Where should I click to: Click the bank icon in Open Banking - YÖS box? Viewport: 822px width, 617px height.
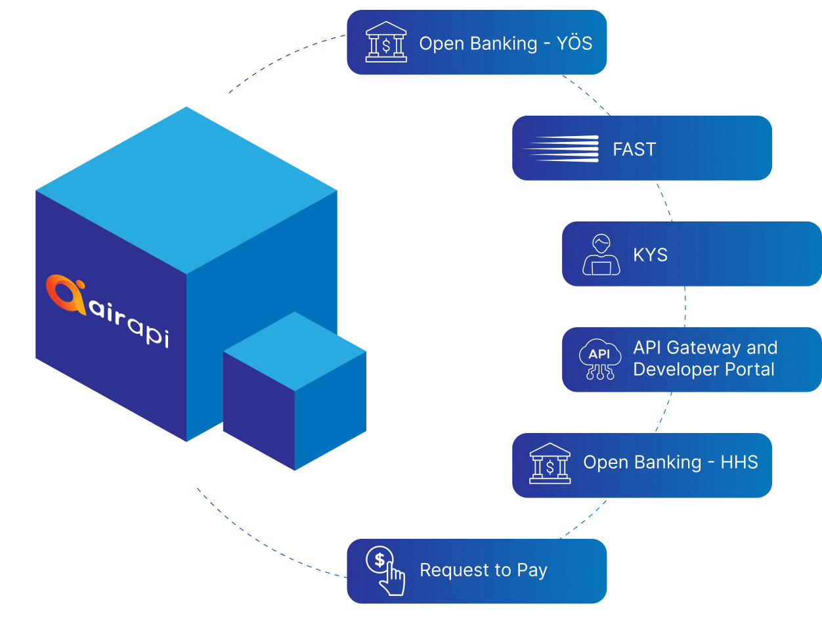pyautogui.click(x=386, y=43)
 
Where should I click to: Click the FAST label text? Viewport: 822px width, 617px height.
pyautogui.click(x=634, y=149)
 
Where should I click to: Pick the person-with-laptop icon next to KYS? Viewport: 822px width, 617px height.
pyautogui.click(x=601, y=255)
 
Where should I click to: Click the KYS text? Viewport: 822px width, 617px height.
pyautogui.click(x=650, y=255)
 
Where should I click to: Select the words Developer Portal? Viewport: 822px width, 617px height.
pyautogui.click(x=704, y=369)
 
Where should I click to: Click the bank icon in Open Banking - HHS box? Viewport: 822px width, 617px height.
pyautogui.click(x=550, y=464)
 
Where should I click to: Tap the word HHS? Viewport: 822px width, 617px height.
pyautogui.click(x=739, y=463)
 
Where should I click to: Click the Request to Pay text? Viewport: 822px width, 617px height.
pyautogui.click(x=483, y=570)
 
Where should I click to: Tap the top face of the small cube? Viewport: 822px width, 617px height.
pyautogui.click(x=295, y=352)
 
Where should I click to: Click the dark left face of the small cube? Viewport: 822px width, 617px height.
pyautogui.click(x=259, y=411)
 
